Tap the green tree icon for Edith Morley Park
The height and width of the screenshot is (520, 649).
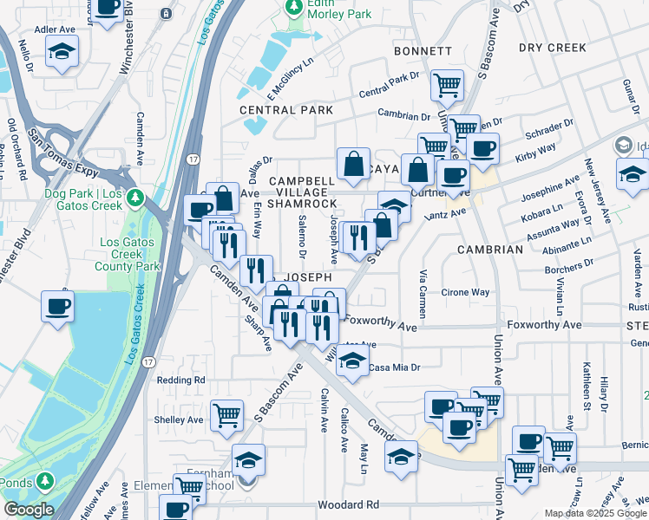click(293, 7)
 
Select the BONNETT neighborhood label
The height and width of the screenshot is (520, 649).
click(423, 52)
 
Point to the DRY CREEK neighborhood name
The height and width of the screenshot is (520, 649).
click(554, 48)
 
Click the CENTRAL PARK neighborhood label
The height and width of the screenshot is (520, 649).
click(286, 111)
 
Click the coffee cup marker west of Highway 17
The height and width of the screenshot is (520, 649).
click(59, 306)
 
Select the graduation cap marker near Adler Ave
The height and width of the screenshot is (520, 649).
click(62, 51)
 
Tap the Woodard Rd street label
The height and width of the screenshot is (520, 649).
click(349, 504)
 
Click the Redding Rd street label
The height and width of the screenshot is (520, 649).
click(180, 380)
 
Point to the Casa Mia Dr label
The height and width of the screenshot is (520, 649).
click(394, 367)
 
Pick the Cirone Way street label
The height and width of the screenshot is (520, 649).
click(466, 293)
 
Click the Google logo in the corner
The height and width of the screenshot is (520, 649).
click(28, 510)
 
